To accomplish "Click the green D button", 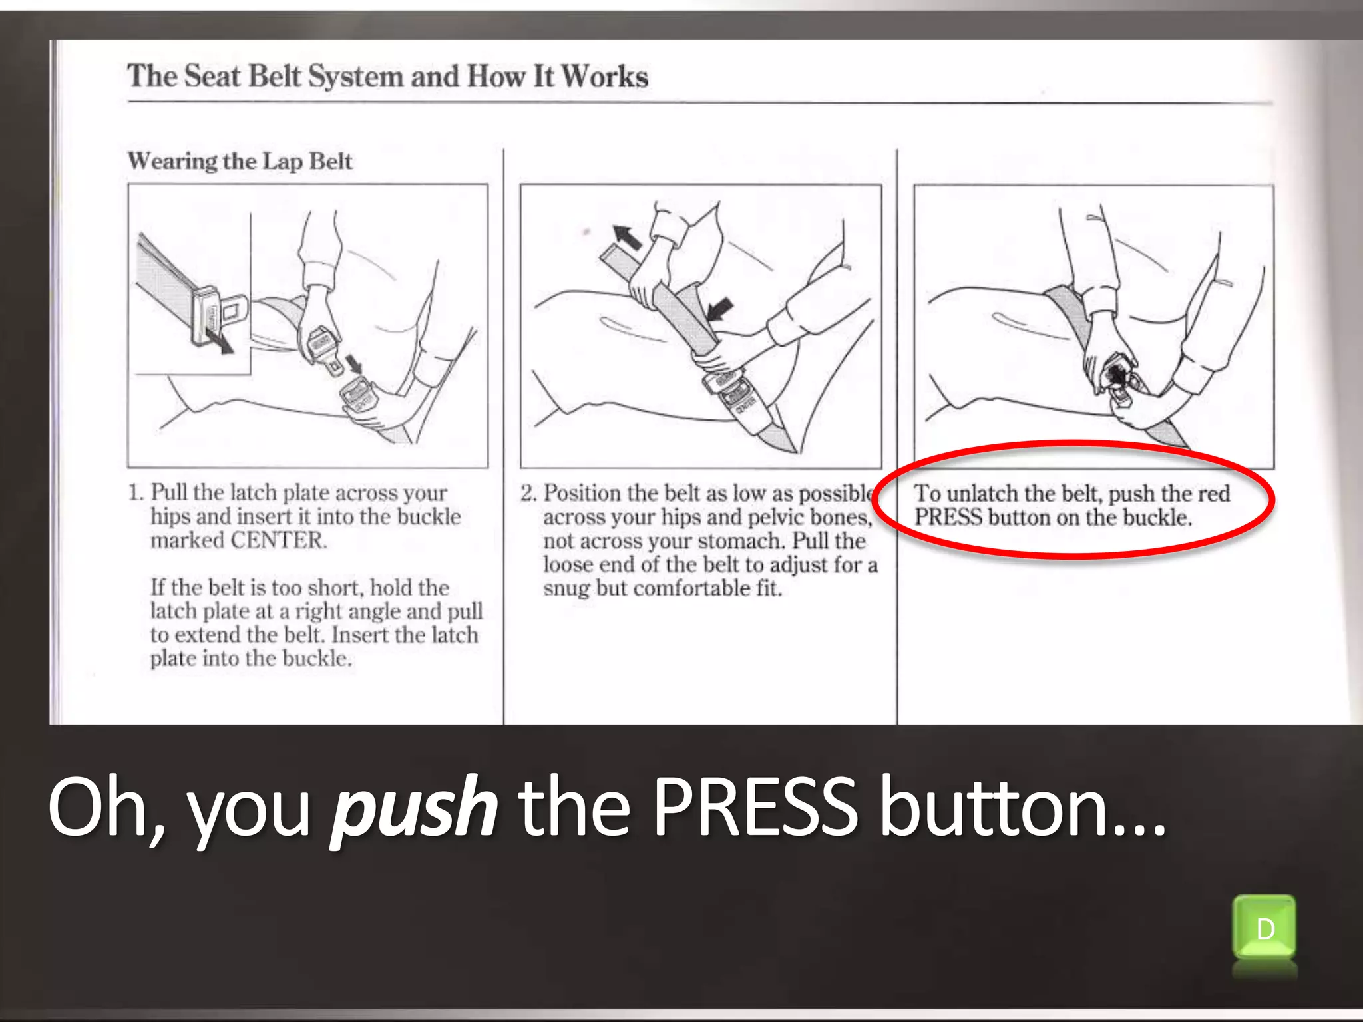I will [x=1264, y=928].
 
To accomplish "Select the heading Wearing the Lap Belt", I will [x=240, y=161].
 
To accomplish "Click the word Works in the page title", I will [x=604, y=76].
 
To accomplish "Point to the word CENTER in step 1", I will [x=278, y=540].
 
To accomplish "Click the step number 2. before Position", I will [x=528, y=494].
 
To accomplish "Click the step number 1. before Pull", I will [x=136, y=493].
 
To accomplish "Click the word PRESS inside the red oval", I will [x=948, y=517].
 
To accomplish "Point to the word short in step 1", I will [x=335, y=588].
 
